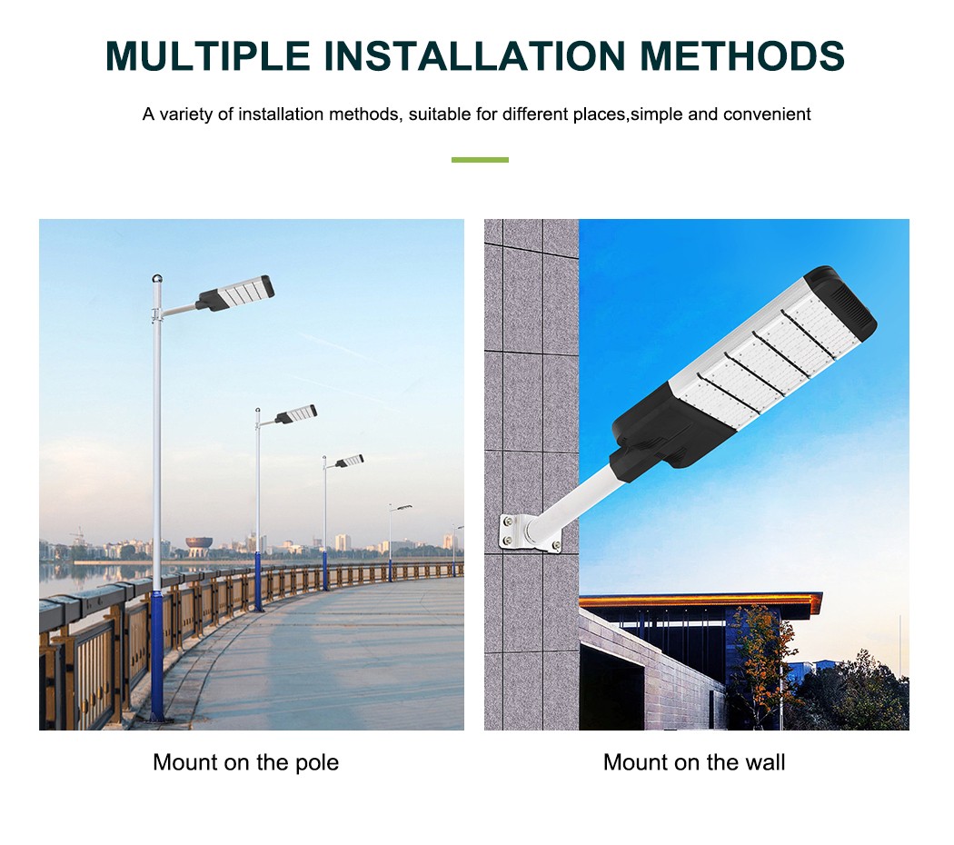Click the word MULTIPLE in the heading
click(207, 56)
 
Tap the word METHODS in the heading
click(741, 56)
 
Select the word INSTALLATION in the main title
click(474, 56)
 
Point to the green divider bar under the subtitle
click(480, 160)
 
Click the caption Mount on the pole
click(246, 762)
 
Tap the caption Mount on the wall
click(694, 762)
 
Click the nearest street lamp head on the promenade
click(235, 293)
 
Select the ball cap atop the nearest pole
click(157, 279)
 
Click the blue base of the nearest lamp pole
click(157, 656)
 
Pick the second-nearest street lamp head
click(296, 414)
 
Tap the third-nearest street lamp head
click(350, 462)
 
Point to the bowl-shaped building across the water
click(199, 546)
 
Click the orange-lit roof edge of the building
click(700, 603)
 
